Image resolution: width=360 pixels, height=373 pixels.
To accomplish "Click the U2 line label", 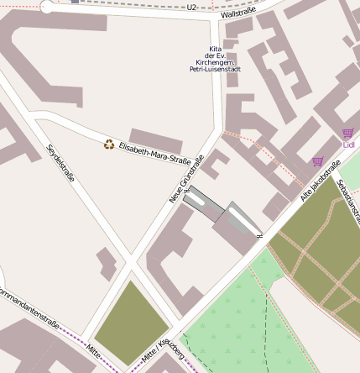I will coord(192,8).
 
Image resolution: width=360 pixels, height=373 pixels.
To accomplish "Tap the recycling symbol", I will coord(108,144).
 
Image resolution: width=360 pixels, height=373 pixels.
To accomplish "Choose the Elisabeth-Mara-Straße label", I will coord(154,153).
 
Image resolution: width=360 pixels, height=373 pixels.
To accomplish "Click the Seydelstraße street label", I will coord(60,164).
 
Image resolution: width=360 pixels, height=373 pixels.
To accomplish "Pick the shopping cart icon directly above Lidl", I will coord(347,133).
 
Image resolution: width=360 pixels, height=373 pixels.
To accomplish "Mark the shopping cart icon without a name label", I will coord(317,161).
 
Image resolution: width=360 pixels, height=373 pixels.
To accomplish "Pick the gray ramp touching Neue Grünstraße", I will coord(204,203).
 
